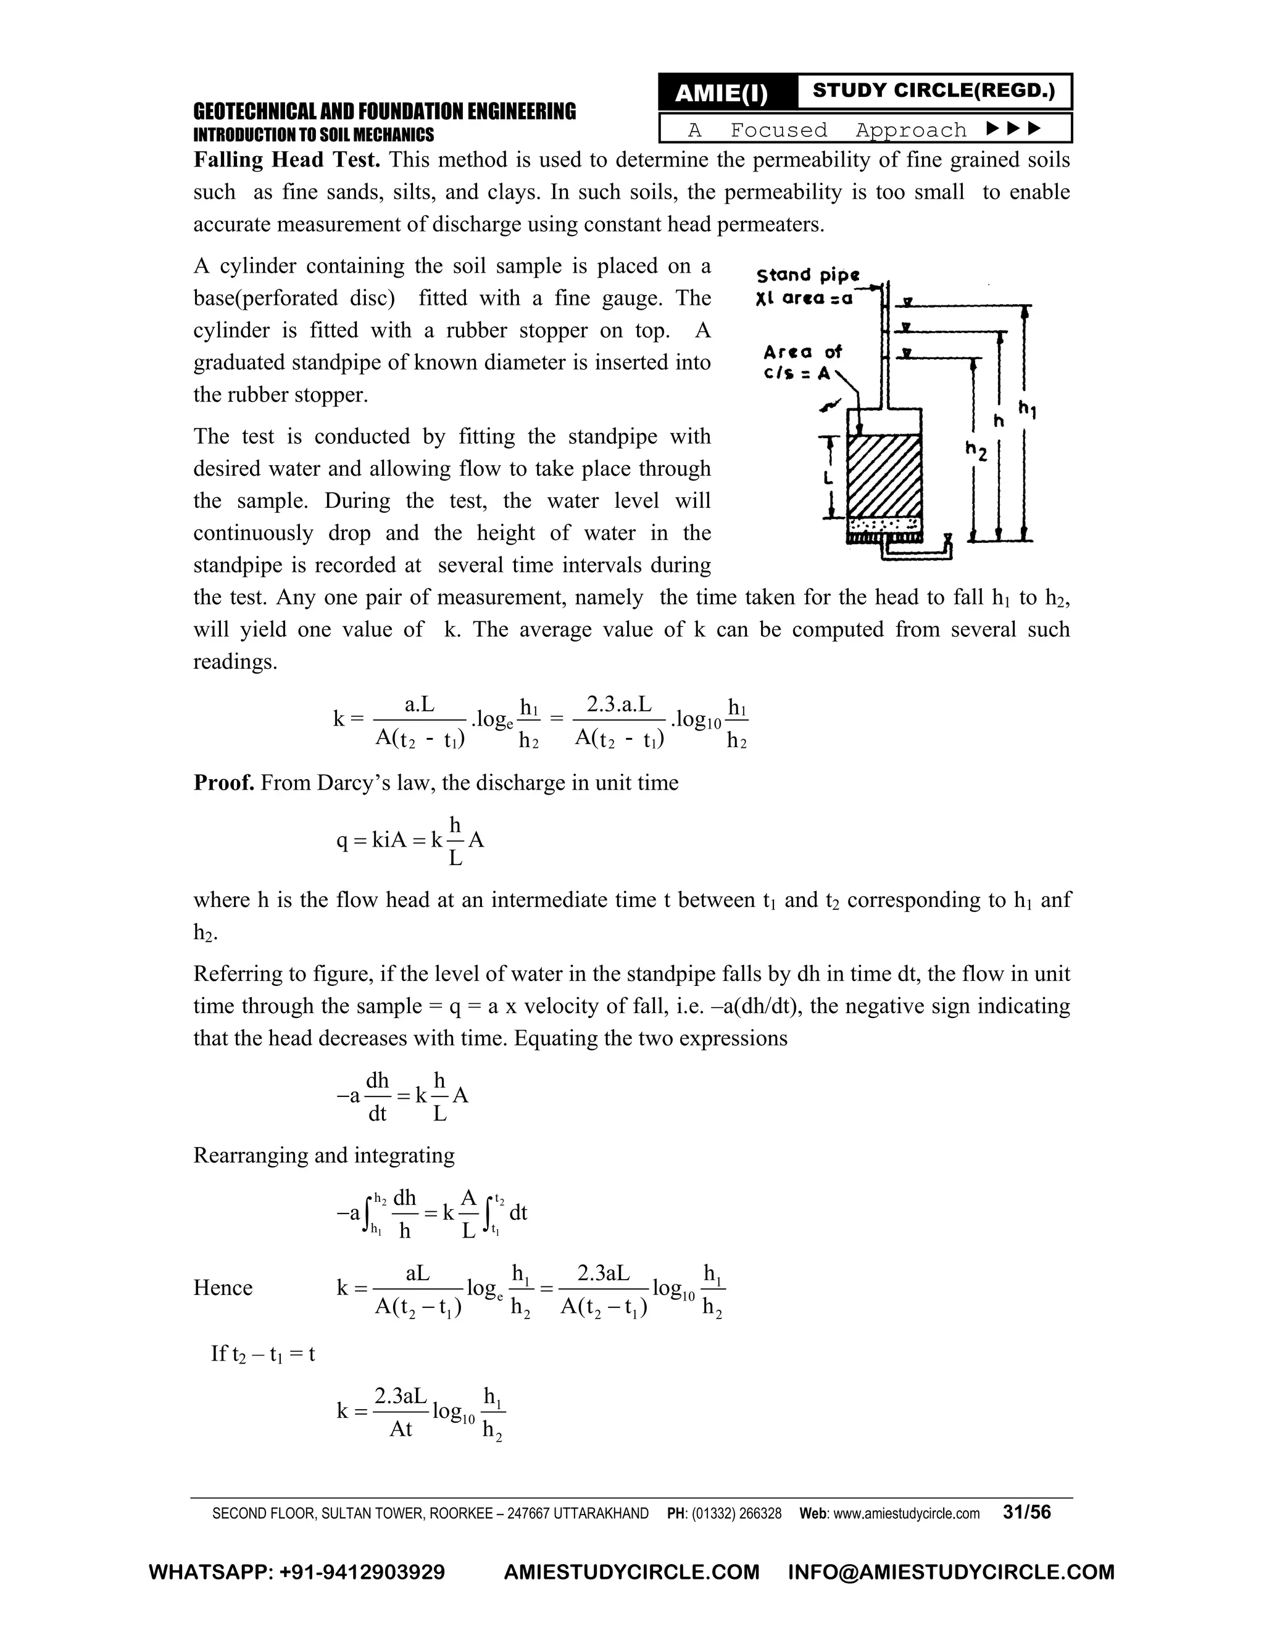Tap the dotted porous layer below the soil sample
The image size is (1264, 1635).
[884, 523]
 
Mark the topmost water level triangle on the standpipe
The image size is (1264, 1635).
[907, 302]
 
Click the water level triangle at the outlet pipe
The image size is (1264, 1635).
[948, 537]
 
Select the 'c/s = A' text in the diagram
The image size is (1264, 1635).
[797, 373]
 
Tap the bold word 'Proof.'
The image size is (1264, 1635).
[224, 783]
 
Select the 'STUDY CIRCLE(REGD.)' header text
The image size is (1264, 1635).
[933, 91]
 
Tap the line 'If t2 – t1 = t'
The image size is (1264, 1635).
[263, 1354]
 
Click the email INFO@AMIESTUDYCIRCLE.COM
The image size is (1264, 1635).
[950, 1572]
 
